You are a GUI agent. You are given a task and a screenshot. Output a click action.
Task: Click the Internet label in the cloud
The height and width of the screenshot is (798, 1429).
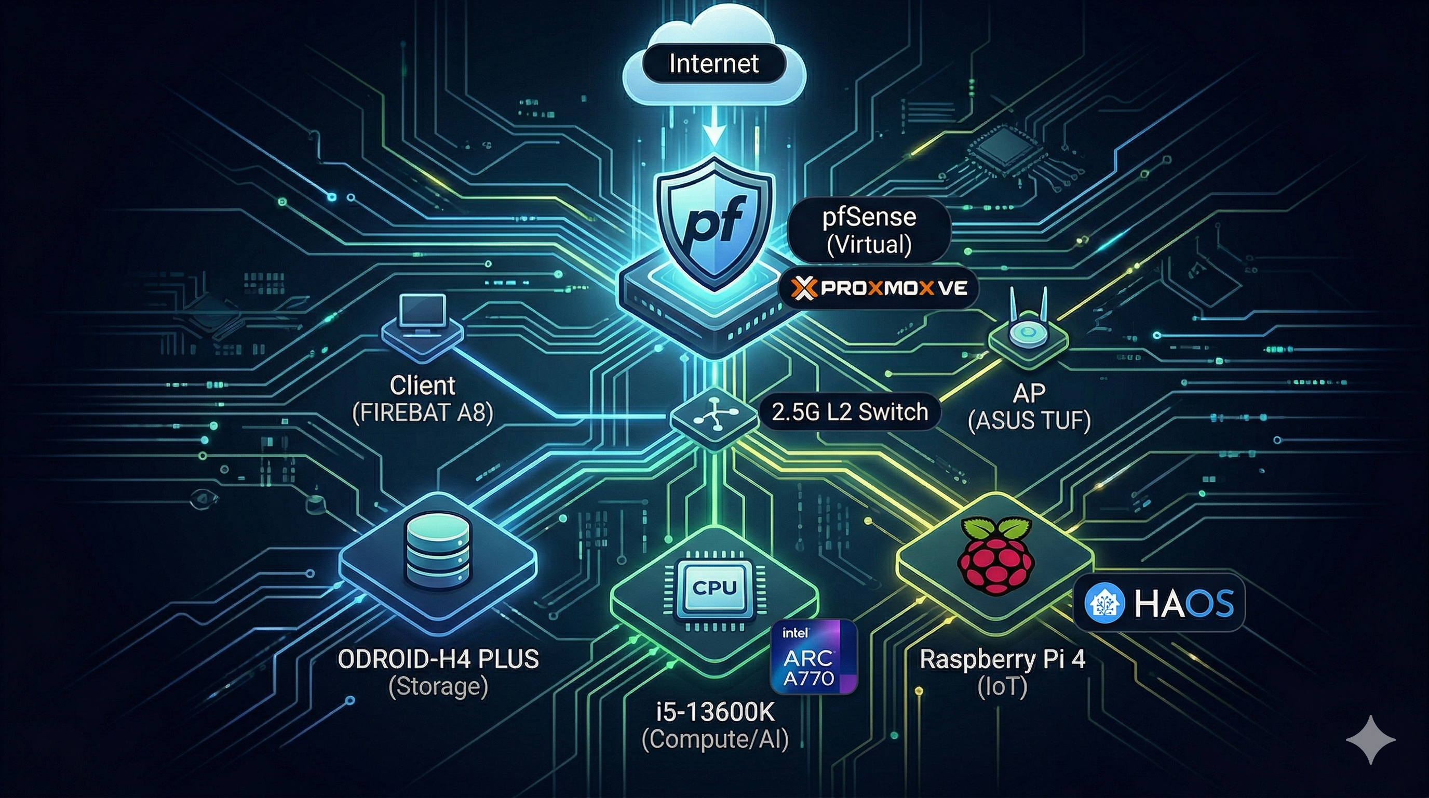713,64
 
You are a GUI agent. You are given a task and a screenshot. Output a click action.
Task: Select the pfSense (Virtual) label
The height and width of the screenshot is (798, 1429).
869,230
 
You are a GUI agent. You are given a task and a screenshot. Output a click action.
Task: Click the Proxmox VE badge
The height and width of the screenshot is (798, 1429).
878,288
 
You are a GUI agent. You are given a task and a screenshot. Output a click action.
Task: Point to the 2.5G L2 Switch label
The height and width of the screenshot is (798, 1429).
850,412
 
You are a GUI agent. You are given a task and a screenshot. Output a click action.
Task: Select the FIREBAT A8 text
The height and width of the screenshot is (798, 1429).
423,413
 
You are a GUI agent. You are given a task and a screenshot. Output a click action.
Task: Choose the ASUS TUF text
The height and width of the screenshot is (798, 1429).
1029,421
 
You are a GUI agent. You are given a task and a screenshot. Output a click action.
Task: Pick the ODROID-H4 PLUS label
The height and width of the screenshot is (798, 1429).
438,659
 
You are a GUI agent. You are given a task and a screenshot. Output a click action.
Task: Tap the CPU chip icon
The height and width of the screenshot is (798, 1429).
714,589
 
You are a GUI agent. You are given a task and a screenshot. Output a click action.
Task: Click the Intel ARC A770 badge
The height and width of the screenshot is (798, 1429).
814,657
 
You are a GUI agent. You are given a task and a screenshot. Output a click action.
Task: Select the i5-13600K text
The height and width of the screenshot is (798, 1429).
715,712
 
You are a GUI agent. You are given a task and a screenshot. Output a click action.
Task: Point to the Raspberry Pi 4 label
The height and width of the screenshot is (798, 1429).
1002,659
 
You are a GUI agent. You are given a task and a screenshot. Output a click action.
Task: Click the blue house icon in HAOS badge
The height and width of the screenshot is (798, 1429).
1104,603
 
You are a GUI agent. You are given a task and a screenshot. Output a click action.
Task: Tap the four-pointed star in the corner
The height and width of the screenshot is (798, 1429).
1371,740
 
